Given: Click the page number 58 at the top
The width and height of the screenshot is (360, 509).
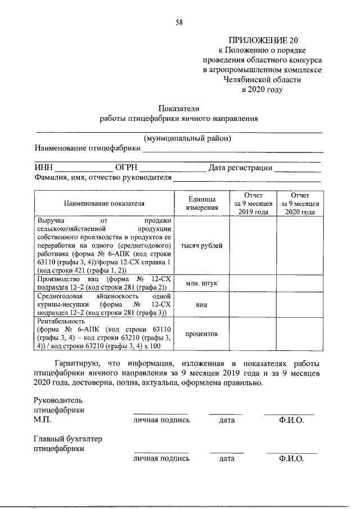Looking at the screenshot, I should (x=179, y=22).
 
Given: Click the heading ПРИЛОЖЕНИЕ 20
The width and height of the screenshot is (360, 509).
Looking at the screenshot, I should (x=262, y=40).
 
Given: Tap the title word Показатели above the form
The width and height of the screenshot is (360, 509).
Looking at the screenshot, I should (x=179, y=109).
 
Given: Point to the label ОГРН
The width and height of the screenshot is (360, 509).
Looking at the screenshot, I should (x=126, y=168).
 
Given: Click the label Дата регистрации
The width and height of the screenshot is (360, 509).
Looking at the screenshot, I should (x=240, y=168).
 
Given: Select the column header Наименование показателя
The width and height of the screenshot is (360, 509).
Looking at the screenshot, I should (x=104, y=204).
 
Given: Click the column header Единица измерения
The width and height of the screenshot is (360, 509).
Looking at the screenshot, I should (x=201, y=204).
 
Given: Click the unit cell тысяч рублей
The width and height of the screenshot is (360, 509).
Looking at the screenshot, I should (x=201, y=246).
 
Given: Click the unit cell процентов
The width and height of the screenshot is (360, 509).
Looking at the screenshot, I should (x=201, y=334).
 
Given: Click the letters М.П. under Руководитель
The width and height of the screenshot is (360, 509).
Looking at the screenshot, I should (x=43, y=420).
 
